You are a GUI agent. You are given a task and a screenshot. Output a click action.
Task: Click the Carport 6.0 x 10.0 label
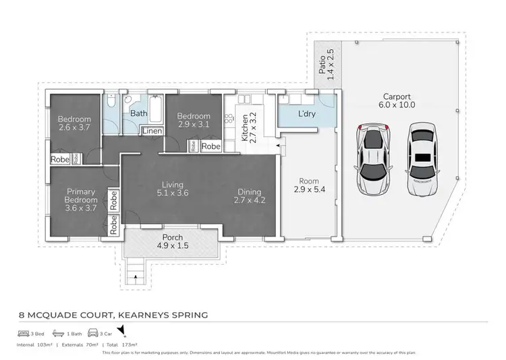click(397, 100)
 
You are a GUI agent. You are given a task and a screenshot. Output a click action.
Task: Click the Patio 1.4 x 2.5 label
click(327, 64)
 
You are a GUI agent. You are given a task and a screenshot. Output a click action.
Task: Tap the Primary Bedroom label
click(80, 200)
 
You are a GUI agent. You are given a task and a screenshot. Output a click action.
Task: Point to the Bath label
click(139, 114)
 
